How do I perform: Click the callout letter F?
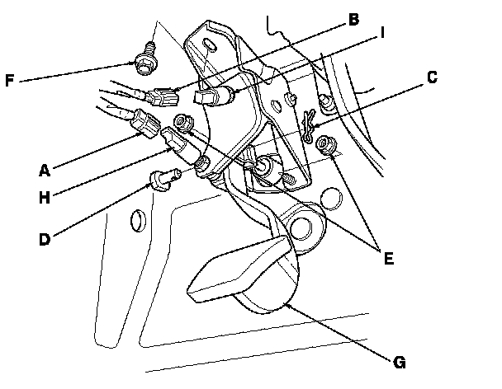[x=10, y=80]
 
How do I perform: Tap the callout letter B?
[x=353, y=20]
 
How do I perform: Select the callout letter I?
[x=381, y=33]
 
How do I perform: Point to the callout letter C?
[x=432, y=77]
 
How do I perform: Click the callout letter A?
[x=45, y=170]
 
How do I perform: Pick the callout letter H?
[x=45, y=198]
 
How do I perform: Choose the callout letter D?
[x=45, y=239]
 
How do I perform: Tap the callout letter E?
[x=388, y=258]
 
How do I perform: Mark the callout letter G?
[x=400, y=363]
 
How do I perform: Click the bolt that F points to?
[x=145, y=60]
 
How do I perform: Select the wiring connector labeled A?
[x=145, y=124]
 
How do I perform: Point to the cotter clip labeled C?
[x=309, y=125]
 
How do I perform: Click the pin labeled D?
[x=164, y=180]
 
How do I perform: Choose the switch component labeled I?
[x=212, y=96]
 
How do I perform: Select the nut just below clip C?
[x=326, y=144]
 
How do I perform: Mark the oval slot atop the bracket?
[x=210, y=44]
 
